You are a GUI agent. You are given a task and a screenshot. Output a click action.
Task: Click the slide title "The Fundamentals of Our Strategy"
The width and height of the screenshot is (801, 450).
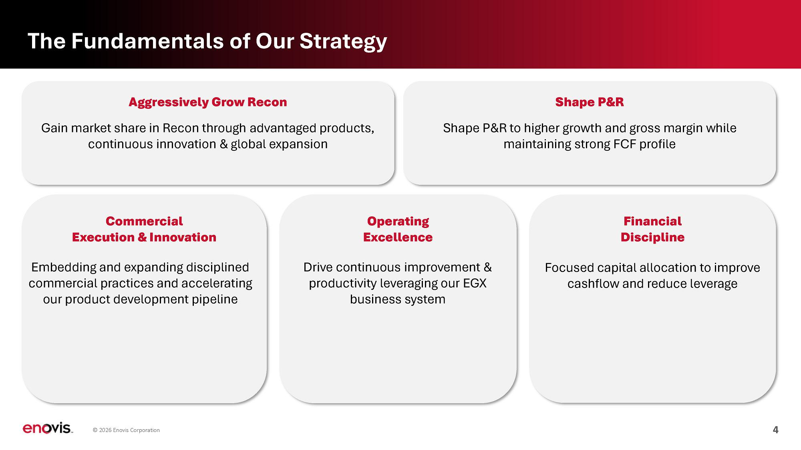207,41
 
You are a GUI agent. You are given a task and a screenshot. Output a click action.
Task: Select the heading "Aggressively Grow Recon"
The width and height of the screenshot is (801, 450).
208,102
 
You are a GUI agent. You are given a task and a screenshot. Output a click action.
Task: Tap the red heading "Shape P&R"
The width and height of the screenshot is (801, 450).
590,102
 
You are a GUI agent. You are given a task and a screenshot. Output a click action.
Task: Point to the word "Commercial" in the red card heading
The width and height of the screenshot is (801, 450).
144,221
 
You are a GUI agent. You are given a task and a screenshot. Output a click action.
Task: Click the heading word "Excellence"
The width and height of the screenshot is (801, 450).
398,237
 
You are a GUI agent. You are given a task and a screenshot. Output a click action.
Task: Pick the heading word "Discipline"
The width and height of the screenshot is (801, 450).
652,237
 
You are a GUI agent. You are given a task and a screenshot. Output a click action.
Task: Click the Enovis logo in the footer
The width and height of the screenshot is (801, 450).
47,428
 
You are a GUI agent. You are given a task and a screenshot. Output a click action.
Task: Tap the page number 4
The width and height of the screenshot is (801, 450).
775,430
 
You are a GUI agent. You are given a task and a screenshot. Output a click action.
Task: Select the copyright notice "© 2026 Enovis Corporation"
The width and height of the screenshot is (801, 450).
126,430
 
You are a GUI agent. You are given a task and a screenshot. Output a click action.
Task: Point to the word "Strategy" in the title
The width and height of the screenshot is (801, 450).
343,41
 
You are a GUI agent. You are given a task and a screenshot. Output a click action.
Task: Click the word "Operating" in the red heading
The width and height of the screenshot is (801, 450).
398,222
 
